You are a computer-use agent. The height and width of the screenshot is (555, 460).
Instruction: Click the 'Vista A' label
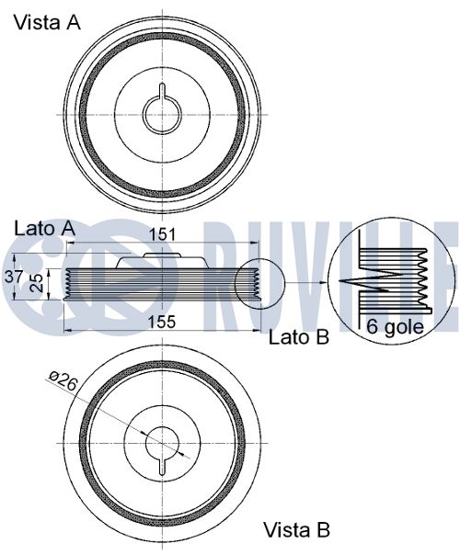coord(47,23)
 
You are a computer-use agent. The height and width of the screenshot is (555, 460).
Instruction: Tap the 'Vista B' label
coord(297,530)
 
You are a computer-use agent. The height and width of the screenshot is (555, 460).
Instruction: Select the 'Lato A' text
coord(45,229)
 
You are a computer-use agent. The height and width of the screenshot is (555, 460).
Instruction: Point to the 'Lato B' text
coord(299,337)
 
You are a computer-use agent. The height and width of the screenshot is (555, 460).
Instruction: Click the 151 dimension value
coord(162,234)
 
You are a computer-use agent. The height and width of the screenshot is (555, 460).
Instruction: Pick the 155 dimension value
coord(162,322)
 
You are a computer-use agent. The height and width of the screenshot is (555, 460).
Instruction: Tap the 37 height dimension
coord(14,277)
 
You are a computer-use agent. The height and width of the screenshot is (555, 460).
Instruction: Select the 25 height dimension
coord(37,282)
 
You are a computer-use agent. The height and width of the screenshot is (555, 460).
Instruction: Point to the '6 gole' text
coord(395,326)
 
